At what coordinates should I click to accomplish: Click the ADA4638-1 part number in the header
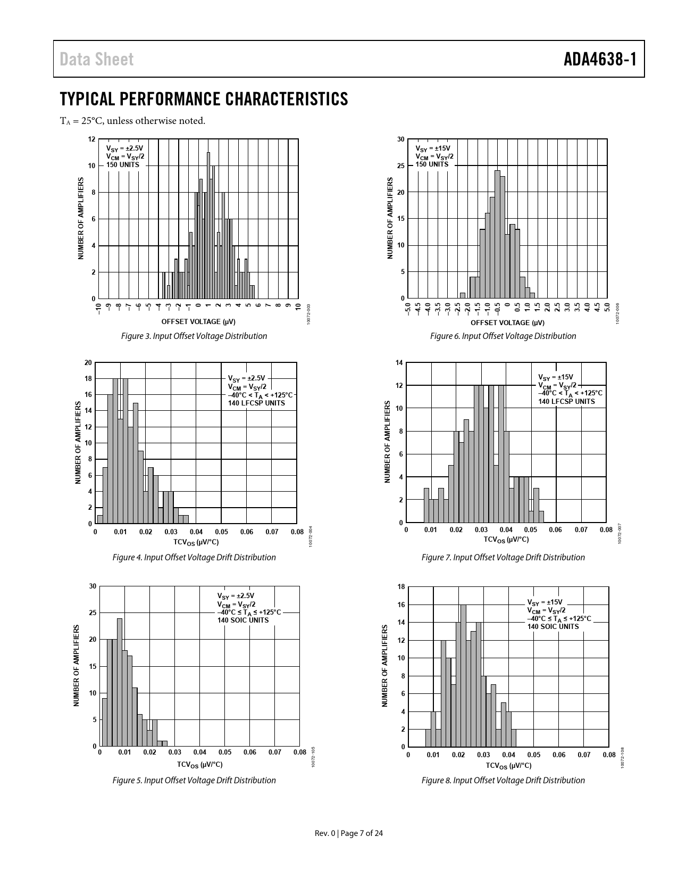[600, 59]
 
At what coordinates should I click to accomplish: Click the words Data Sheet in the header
[97, 59]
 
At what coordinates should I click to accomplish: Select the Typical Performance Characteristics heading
[204, 99]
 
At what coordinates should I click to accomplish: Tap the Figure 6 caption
[503, 336]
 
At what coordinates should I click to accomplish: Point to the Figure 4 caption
[194, 557]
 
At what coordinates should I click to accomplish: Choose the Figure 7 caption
[503, 557]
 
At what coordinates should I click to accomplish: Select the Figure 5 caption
[194, 780]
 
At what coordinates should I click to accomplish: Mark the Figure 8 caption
[503, 780]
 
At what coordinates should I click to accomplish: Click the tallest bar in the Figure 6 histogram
[497, 234]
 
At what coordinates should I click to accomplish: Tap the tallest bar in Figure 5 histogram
[120, 681]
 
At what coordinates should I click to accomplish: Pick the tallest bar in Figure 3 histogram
[208, 223]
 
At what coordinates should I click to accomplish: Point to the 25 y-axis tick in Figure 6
[400, 165]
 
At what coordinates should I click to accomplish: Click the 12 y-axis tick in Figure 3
[91, 139]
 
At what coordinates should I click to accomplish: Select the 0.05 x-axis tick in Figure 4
[221, 532]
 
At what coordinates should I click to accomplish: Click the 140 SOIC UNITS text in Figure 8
[553, 626]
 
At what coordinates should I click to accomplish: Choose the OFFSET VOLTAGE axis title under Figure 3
[198, 322]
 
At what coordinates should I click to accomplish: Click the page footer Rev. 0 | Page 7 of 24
[349, 833]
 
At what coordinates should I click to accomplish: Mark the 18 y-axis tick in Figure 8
[401, 586]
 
